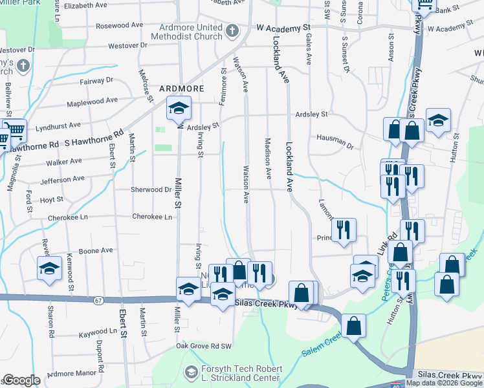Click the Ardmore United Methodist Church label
click(x=191, y=35)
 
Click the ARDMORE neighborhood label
click(x=182, y=89)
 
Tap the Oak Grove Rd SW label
click(x=204, y=347)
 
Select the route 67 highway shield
click(x=98, y=300)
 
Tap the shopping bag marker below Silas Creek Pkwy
click(x=354, y=326)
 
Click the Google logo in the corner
click(x=22, y=380)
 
